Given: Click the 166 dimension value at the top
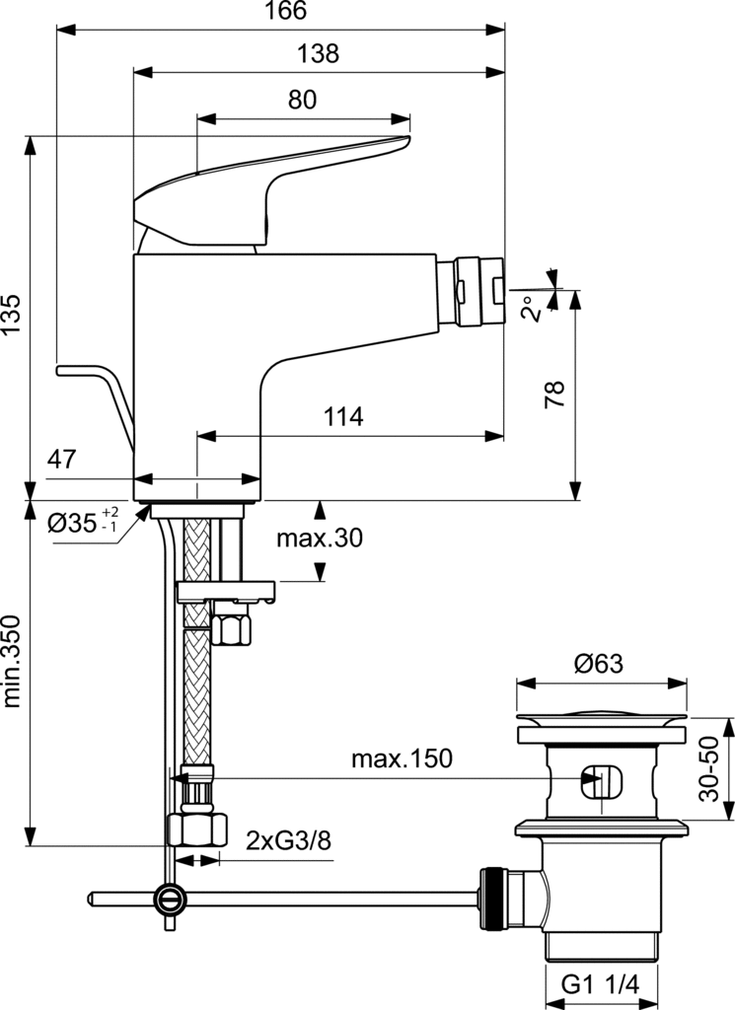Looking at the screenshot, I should coord(286,12).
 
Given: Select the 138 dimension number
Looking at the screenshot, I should coord(318,54).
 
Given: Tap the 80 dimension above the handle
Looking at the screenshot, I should coord(303,99).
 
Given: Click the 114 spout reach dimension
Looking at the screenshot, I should coord(343,416).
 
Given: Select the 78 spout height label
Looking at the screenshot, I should coord(554,394).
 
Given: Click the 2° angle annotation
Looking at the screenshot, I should coord(532,309).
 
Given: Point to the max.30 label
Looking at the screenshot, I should coord(319,539).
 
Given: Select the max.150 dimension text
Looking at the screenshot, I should coord(401,758).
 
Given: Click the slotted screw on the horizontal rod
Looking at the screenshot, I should coord(170,899).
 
